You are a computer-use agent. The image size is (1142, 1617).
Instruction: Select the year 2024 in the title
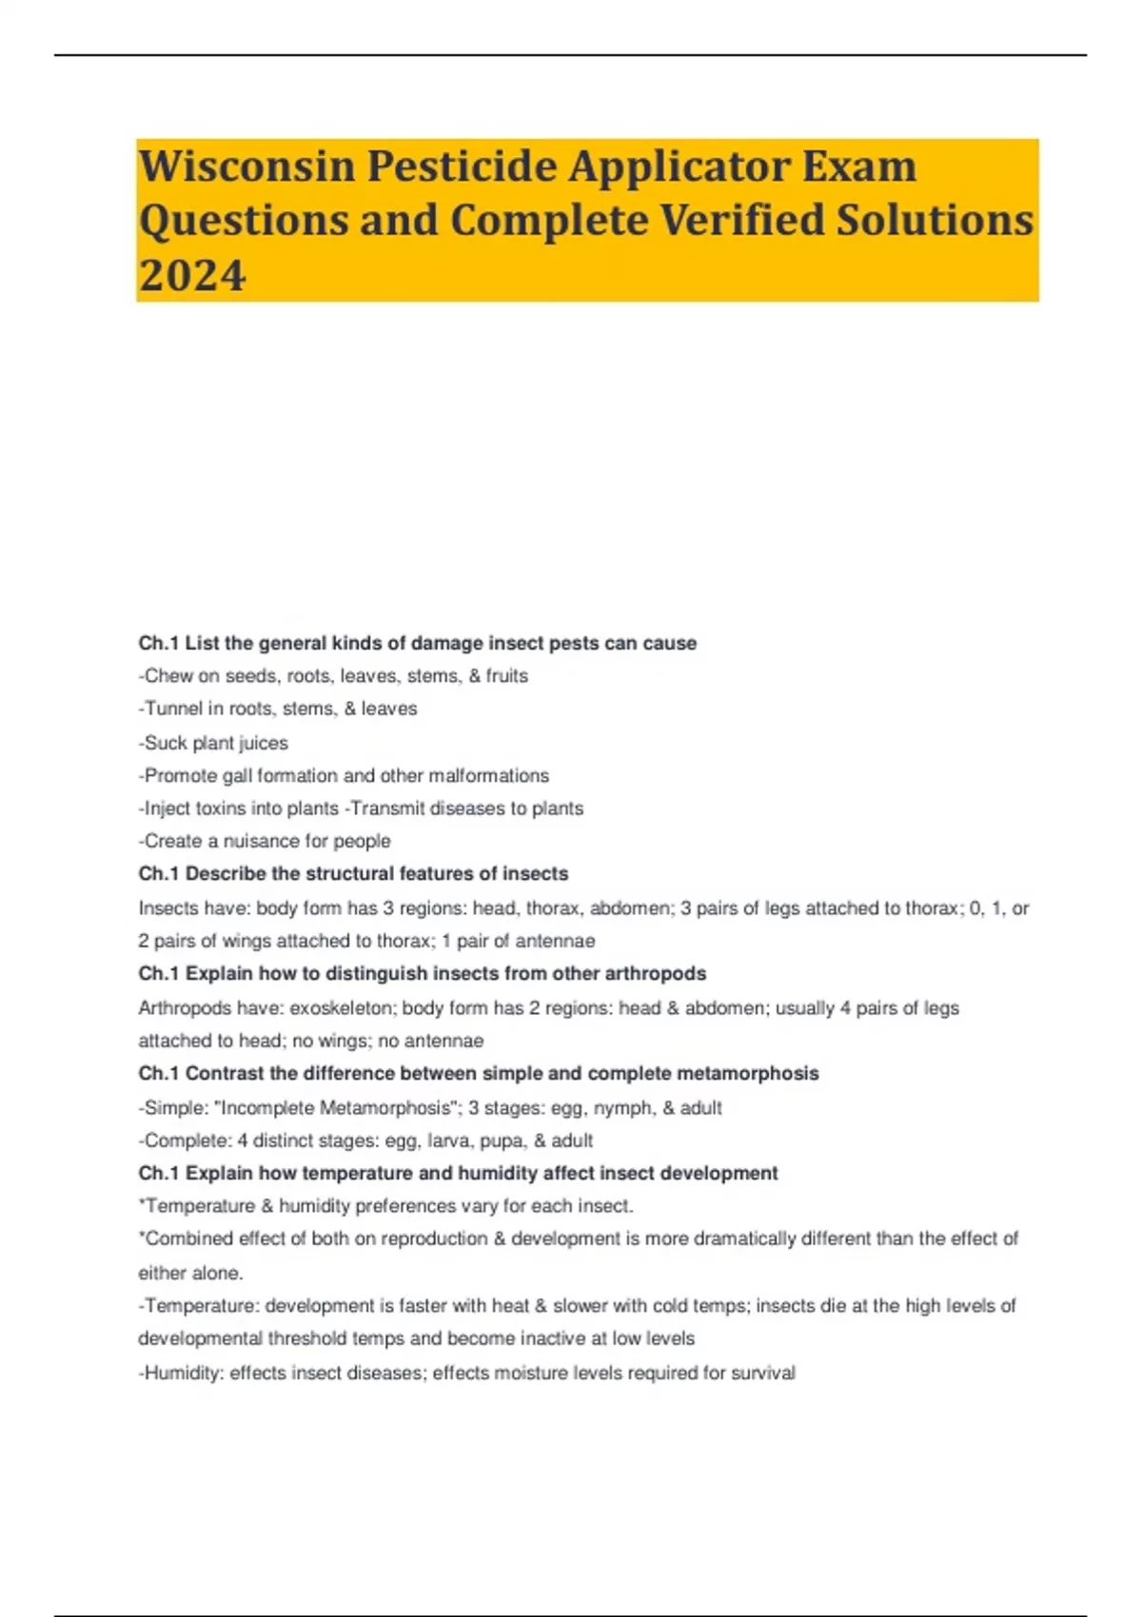tap(192, 276)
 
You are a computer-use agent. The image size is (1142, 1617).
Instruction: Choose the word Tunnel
tap(173, 709)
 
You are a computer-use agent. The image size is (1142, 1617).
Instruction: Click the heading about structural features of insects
tap(353, 873)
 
